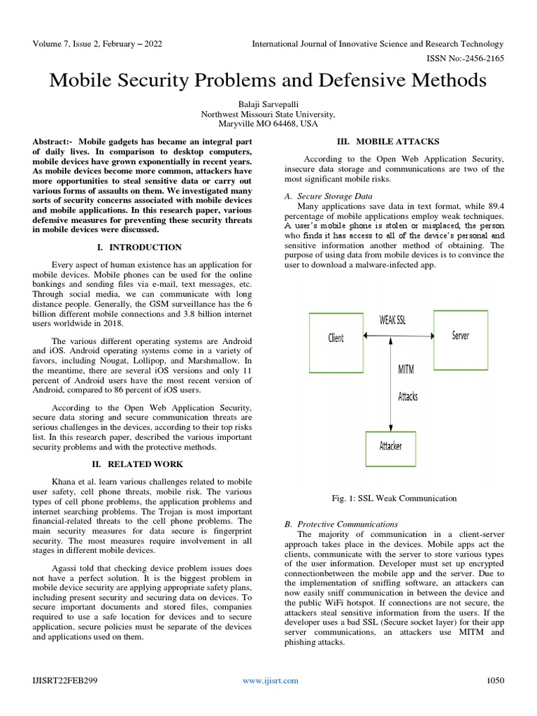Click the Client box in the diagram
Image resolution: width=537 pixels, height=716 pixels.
pyautogui.click(x=336, y=338)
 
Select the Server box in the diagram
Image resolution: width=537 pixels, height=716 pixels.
pyautogui.click(x=460, y=336)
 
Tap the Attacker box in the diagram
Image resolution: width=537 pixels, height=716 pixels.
pyautogui.click(x=390, y=445)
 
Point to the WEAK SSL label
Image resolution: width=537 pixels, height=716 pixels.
pyautogui.click(x=392, y=320)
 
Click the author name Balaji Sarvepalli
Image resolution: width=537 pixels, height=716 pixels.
pyautogui.click(x=268, y=102)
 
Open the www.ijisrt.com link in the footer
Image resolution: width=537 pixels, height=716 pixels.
pyautogui.click(x=270, y=680)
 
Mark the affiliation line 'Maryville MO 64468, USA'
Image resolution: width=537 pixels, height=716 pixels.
pyautogui.click(x=268, y=123)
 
